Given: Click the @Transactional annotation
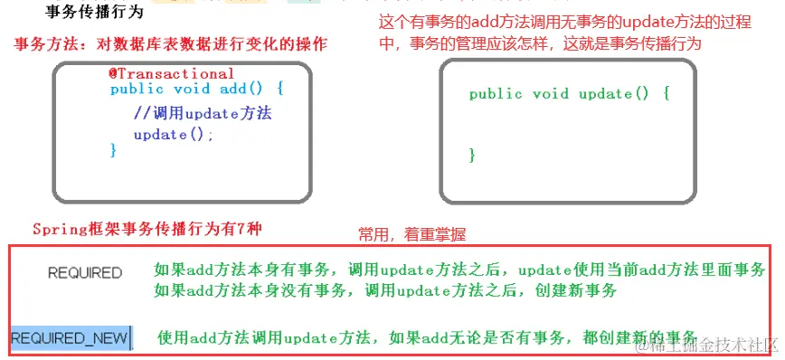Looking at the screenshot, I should click(x=172, y=74).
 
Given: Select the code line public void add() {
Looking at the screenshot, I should click(x=197, y=89).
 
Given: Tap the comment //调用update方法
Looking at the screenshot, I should click(x=202, y=114).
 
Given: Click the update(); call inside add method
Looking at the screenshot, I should click(x=174, y=134).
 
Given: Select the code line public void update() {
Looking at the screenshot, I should click(x=569, y=94).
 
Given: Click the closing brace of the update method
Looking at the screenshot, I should click(x=472, y=156).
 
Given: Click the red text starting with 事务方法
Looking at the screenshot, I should click(x=171, y=44).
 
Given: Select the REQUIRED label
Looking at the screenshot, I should click(x=85, y=272).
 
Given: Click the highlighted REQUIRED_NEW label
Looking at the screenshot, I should click(x=70, y=339).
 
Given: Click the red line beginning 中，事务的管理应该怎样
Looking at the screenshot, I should click(x=539, y=43).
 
